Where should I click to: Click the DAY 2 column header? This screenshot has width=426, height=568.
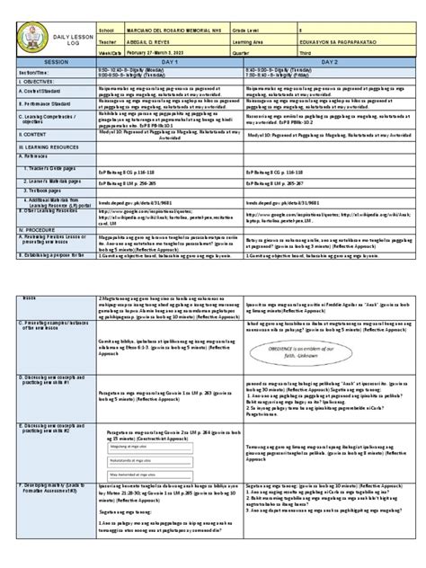(334, 40)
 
